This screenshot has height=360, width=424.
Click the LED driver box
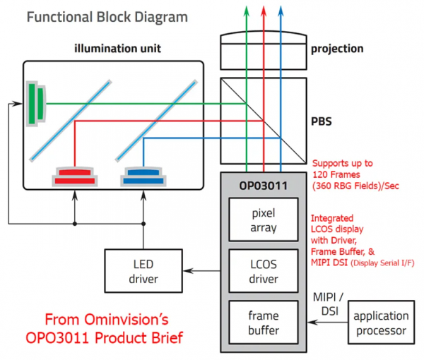click(143, 270)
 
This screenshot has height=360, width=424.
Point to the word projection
click(337, 49)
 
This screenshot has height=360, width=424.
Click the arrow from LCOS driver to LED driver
click(205, 270)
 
